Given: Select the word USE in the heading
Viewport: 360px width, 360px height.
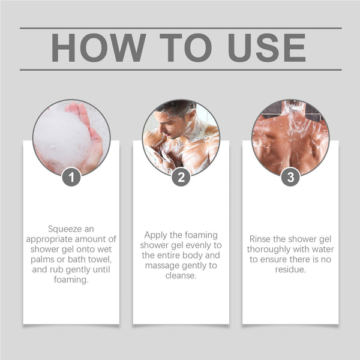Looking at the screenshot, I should tap(266, 49).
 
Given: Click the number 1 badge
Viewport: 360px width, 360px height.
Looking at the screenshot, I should tap(71, 177).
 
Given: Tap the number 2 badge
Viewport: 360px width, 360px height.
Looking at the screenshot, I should tap(181, 177).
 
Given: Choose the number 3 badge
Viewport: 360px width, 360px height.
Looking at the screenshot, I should tap(290, 177).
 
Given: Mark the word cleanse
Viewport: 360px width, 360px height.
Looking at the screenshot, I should tap(181, 275).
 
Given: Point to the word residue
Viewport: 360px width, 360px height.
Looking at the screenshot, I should tap(290, 269).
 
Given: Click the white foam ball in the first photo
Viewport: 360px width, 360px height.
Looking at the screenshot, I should tap(60, 138).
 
